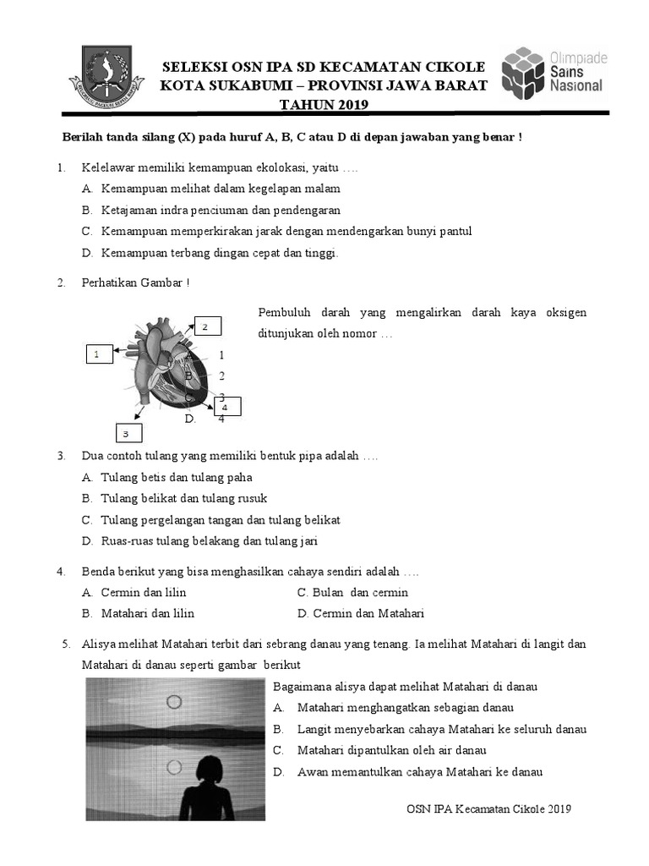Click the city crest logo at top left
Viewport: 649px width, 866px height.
106,74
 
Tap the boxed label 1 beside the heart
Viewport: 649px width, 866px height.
98,354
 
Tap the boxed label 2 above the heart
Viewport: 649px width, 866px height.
207,326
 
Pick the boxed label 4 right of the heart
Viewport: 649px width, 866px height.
226,407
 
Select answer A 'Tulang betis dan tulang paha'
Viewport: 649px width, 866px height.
176,478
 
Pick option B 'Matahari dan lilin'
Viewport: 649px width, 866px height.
147,613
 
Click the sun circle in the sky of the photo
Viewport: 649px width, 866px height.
174,701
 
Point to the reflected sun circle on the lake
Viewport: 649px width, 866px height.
174,767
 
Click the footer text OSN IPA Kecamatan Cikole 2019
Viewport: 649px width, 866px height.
488,809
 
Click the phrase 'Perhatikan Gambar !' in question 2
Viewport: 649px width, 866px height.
135,282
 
